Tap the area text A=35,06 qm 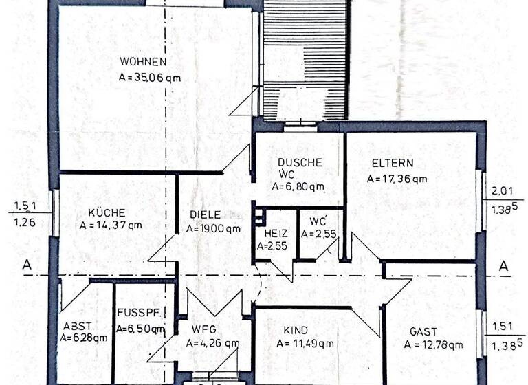tap(149, 78)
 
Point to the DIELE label tap(205, 214)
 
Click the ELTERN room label tap(392, 164)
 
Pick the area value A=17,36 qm tap(397, 179)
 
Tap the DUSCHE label tap(300, 162)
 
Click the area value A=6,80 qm tap(298, 186)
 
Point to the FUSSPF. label tap(140, 313)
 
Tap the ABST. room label tap(76, 327)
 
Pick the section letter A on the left tap(27, 264)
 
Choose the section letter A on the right tap(503, 265)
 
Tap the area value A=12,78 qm tap(433, 344)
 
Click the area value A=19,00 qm tap(214, 229)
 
